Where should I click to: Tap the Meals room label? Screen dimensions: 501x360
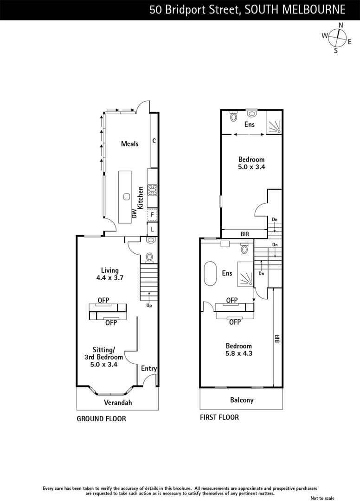(x=129, y=144)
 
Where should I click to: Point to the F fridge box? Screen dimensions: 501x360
(x=152, y=215)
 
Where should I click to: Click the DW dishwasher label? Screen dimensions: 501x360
(x=134, y=213)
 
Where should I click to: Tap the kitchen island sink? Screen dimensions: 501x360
(x=126, y=196)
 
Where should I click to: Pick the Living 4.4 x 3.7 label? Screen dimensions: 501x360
(x=110, y=274)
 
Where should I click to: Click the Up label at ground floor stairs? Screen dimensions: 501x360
(x=149, y=305)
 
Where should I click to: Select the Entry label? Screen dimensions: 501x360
(x=148, y=368)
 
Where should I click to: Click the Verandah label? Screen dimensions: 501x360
(x=117, y=402)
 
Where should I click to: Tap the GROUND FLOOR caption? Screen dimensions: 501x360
(x=101, y=418)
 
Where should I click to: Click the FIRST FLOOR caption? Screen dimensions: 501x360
(x=219, y=417)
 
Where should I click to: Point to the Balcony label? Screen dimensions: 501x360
(x=242, y=399)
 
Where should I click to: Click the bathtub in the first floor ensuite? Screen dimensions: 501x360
(x=210, y=273)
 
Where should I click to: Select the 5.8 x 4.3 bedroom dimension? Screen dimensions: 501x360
(x=239, y=353)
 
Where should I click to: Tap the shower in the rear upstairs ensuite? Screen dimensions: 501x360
(x=274, y=125)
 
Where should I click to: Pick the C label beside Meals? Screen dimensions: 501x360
(x=154, y=140)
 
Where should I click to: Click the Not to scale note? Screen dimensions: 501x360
(x=322, y=498)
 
